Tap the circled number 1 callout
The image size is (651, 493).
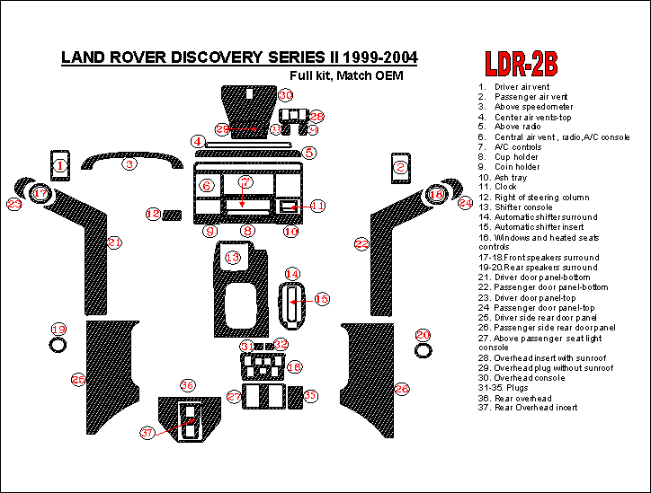pyautogui.click(x=59, y=165)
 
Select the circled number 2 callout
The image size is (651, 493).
pyautogui.click(x=401, y=166)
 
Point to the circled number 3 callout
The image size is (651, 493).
pyautogui.click(x=129, y=164)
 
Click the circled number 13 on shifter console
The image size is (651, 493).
pyautogui.click(x=233, y=258)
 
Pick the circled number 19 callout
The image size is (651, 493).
pyautogui.click(x=58, y=329)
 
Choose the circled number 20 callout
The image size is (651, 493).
pyautogui.click(x=424, y=335)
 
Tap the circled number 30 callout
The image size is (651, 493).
pyautogui.click(x=285, y=95)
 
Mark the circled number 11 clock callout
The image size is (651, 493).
pyautogui.click(x=317, y=207)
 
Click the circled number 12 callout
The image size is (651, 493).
pyautogui.click(x=154, y=214)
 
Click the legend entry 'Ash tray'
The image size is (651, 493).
pyautogui.click(x=510, y=177)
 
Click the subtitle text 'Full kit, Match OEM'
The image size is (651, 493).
pyautogui.click(x=346, y=75)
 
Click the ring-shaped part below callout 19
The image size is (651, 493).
pyautogui.click(x=58, y=346)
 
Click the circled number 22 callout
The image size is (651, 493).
pyautogui.click(x=361, y=244)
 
